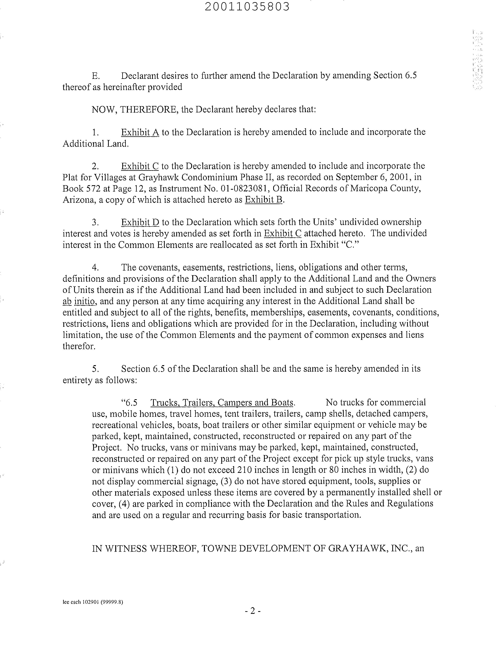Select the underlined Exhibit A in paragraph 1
140,132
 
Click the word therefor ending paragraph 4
79,346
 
